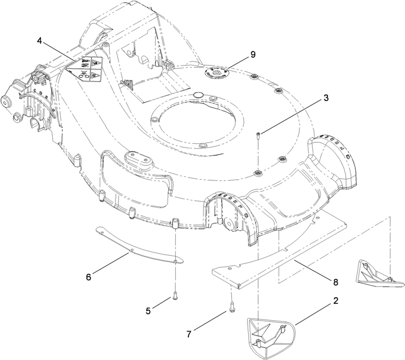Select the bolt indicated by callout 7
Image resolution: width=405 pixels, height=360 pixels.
pos(230,305)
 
